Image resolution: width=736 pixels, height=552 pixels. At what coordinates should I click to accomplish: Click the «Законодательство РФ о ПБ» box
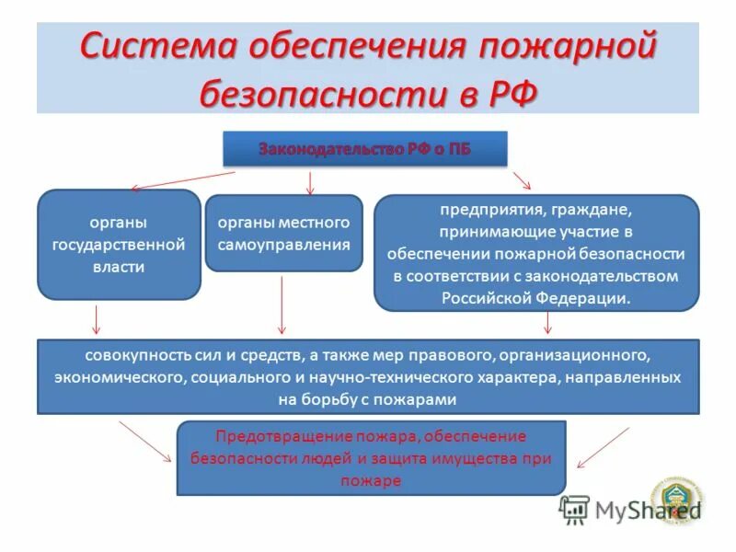click(x=364, y=149)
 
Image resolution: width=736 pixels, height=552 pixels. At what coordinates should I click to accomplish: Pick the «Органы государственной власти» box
click(x=119, y=245)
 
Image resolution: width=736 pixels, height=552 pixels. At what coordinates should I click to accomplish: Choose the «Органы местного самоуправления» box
click(x=283, y=234)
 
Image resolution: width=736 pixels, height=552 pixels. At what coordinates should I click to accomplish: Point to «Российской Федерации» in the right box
click(x=535, y=297)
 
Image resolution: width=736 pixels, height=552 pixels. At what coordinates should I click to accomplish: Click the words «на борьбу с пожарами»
click(x=367, y=400)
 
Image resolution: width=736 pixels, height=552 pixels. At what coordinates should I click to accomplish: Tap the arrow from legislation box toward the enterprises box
click(x=522, y=178)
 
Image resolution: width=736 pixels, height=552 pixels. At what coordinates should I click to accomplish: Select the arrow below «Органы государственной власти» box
click(x=97, y=318)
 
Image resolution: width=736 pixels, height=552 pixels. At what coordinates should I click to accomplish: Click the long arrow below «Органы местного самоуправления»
click(x=282, y=305)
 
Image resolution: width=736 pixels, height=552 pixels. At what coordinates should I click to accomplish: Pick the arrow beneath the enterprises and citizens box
click(x=548, y=322)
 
